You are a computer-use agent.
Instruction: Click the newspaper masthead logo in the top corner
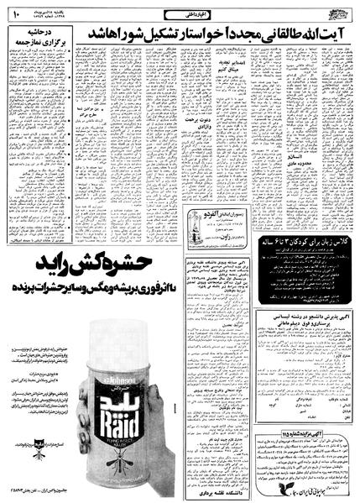point(338,10)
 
